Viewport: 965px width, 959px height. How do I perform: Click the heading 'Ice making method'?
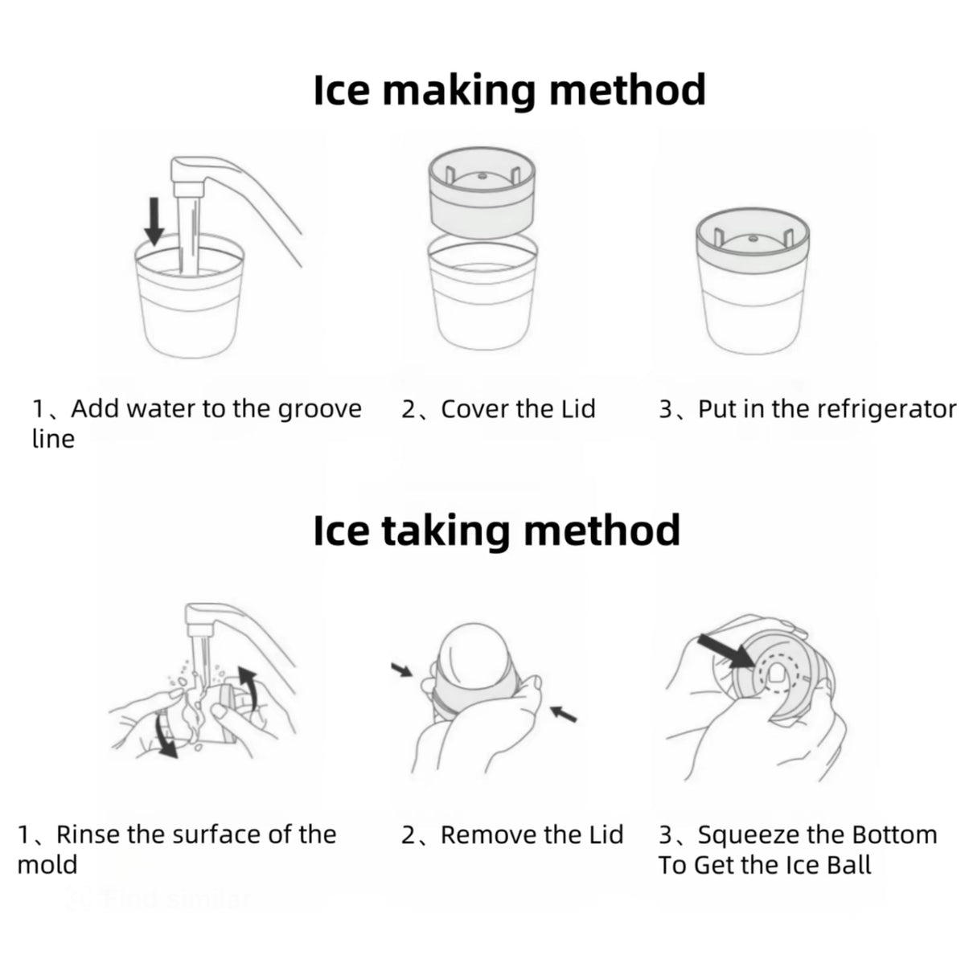[509, 90]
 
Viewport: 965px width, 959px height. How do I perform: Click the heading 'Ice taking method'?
[497, 531]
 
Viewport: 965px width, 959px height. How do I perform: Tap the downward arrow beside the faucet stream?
[154, 221]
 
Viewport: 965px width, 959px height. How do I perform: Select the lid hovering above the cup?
[482, 193]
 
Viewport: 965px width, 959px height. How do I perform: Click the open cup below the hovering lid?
[482, 293]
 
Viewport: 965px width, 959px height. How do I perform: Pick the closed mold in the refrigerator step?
[752, 281]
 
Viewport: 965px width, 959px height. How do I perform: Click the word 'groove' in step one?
[319, 410]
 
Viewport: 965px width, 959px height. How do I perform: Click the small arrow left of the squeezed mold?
[401, 670]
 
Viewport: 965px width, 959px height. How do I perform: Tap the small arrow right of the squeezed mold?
[564, 714]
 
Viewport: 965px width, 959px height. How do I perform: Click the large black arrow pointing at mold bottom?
[726, 651]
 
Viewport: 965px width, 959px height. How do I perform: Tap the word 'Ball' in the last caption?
[849, 865]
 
